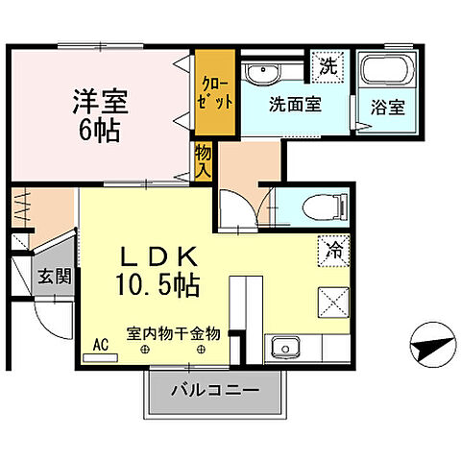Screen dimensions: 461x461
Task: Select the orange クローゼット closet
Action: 214,92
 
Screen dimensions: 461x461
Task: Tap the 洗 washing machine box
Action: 328,68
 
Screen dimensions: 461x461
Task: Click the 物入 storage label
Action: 203,160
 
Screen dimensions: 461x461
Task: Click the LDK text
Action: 158,256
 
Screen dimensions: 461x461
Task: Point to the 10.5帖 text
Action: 158,284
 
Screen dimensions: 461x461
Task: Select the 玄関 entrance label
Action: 55,277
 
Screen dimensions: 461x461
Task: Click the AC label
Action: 100,343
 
